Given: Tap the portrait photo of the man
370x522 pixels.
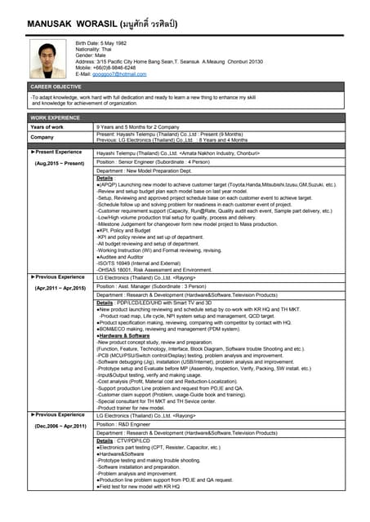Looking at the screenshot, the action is click(47, 59).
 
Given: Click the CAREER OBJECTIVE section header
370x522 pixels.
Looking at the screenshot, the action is click(56, 86).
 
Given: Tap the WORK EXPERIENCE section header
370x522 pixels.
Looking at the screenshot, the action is click(55, 118).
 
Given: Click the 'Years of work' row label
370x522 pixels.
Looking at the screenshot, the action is click(47, 127).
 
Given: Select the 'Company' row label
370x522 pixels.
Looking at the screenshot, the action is click(42, 137).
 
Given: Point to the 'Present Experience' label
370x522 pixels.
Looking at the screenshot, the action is click(57, 152).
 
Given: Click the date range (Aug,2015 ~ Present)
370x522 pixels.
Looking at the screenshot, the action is click(60, 164).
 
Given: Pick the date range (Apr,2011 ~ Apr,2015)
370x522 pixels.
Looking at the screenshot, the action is click(60, 289).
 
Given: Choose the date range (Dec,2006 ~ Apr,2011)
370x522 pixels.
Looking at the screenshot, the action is click(60, 427).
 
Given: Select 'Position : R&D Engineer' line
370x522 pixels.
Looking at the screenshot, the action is click(126, 424).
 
